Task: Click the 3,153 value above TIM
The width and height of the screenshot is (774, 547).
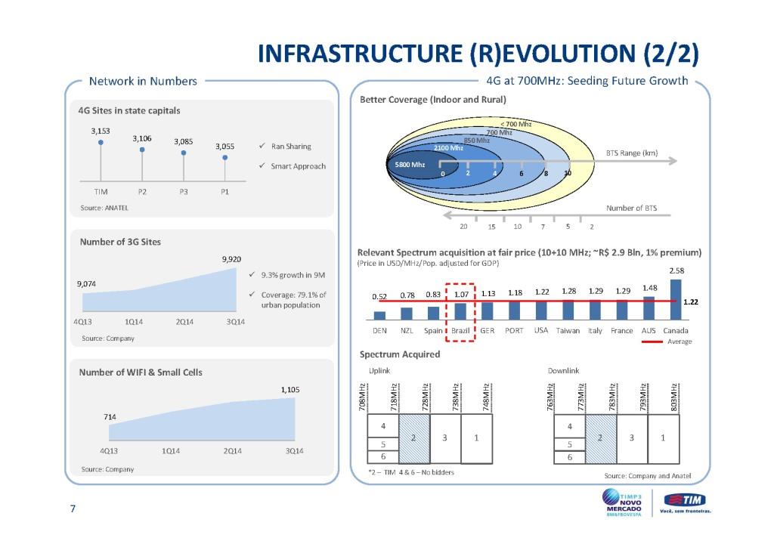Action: pyautogui.click(x=101, y=130)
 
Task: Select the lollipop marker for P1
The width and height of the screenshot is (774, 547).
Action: pyautogui.click(x=224, y=158)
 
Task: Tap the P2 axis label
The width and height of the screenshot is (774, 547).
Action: pyautogui.click(x=142, y=192)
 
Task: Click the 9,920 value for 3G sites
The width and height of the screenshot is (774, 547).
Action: pyautogui.click(x=232, y=259)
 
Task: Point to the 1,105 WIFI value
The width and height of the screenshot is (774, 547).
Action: pyautogui.click(x=291, y=390)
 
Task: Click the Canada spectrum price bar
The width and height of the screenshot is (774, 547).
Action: pyautogui.click(x=675, y=300)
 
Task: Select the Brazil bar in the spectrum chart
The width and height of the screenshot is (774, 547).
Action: pyautogui.click(x=460, y=312)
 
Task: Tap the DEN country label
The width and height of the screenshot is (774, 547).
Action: pyautogui.click(x=380, y=331)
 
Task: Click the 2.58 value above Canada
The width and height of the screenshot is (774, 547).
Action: pyautogui.click(x=675, y=270)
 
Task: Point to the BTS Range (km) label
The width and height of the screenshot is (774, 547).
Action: pyautogui.click(x=632, y=153)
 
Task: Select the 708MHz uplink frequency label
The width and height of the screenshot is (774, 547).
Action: pyautogui.click(x=363, y=397)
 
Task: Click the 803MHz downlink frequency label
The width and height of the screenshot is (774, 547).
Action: pyautogui.click(x=673, y=397)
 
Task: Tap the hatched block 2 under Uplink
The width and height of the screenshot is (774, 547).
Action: pyautogui.click(x=413, y=438)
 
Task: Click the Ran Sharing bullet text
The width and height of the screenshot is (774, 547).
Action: pyautogui.click(x=290, y=146)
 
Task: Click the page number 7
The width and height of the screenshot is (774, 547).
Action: pyautogui.click(x=73, y=509)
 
